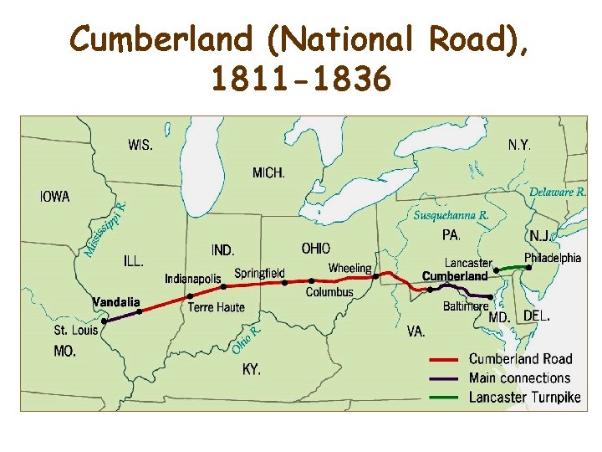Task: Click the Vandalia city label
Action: (x=116, y=301)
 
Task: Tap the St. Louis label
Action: (x=76, y=330)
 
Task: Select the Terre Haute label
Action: (x=217, y=307)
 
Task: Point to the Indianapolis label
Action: (x=193, y=279)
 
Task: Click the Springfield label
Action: (x=259, y=273)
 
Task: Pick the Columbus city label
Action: (x=329, y=292)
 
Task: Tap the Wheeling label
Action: (x=349, y=269)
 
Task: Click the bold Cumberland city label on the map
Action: (x=455, y=276)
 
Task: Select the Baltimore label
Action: (x=466, y=306)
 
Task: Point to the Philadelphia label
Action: (x=552, y=258)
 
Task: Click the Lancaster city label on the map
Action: (x=468, y=263)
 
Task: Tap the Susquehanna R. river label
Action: (x=451, y=215)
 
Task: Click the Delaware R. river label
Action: (x=558, y=192)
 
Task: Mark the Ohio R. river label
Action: (x=247, y=338)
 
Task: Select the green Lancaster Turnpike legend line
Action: (x=446, y=398)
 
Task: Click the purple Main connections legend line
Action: (x=446, y=378)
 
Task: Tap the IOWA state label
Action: (x=55, y=197)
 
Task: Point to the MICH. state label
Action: (x=268, y=173)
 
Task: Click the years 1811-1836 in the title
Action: (x=300, y=80)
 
